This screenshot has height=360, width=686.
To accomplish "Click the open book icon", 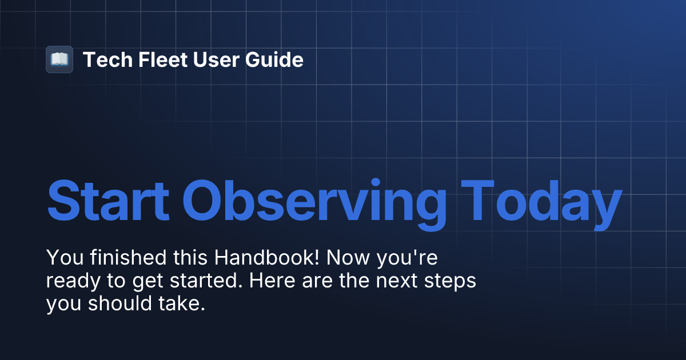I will coord(59,59).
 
